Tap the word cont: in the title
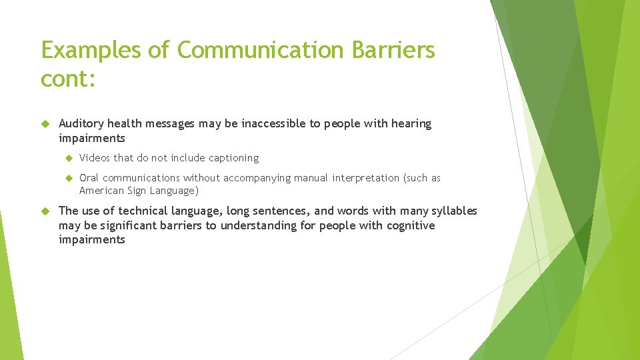69,79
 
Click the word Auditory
81,124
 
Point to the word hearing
411,124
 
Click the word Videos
95,158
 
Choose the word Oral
89,178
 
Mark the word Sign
138,191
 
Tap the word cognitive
410,225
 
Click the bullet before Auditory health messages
45,124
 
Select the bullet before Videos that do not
67,158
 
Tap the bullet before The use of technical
45,211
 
